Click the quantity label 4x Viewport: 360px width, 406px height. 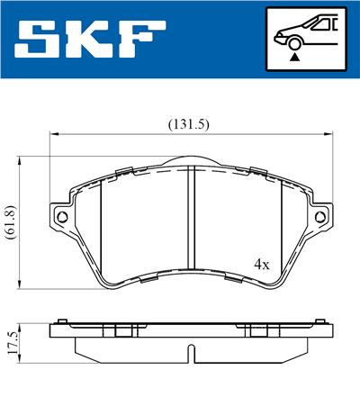tap(262, 265)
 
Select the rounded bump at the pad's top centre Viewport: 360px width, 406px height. tap(191, 162)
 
